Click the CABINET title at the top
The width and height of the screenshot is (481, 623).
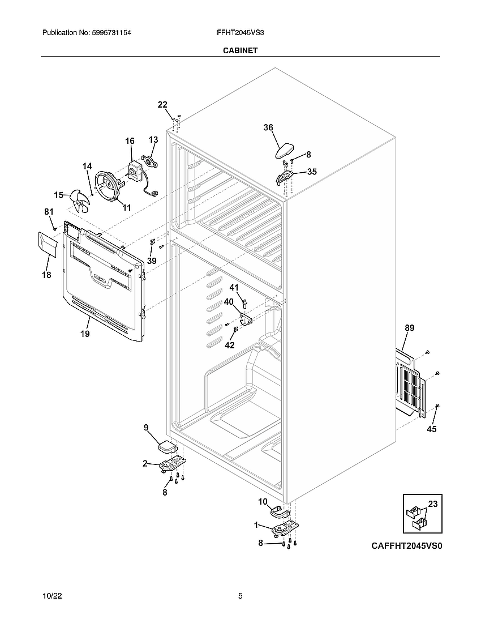(x=240, y=50)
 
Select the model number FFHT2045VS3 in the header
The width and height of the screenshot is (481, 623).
(x=240, y=33)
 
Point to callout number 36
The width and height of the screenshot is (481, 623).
(x=268, y=128)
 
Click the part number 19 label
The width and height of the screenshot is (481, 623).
(x=84, y=334)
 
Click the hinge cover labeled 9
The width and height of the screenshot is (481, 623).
(x=168, y=447)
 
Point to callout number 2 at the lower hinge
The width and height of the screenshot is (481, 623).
(x=145, y=464)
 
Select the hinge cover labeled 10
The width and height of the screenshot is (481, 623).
(x=278, y=512)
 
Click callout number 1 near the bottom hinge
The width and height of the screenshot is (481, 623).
(x=256, y=525)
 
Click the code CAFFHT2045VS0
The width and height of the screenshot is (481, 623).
(x=406, y=547)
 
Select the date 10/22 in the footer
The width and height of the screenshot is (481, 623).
(x=51, y=596)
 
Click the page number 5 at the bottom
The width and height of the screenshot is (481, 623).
(x=240, y=596)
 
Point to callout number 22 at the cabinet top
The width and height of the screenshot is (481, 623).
(x=162, y=104)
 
